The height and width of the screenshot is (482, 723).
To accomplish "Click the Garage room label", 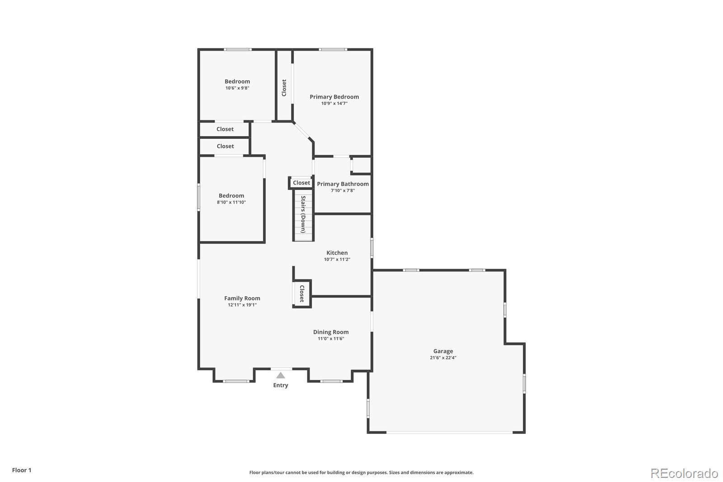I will pos(443,351).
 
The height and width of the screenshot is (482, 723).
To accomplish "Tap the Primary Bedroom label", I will pos(334,97).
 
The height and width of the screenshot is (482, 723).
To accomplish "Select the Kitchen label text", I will pos(337,253).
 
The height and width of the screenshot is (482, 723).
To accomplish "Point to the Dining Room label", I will pos(331,332).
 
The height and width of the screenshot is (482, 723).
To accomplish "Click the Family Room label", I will pos(242,298).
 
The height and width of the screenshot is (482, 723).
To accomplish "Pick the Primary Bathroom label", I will pos(343,184).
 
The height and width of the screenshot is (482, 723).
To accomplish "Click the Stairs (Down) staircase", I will pos(303,214).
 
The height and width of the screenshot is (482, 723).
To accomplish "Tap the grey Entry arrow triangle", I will pos(281,375).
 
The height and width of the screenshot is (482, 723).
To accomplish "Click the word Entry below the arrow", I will pos(281,385).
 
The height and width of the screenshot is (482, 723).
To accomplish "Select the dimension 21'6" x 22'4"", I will pos(443,358).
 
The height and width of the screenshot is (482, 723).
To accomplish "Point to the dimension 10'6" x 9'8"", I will pos(237,88).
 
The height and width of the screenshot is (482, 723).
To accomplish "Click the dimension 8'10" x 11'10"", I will pos(231,203).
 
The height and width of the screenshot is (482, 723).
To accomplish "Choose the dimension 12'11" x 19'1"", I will pos(242,305).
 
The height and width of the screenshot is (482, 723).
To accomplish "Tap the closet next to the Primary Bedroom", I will pos(284,88).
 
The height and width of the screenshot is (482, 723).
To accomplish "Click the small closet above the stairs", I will pos(301,183).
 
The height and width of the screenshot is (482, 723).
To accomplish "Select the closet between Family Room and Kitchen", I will pos(302,294).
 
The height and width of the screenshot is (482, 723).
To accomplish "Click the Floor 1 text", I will pos(22,470).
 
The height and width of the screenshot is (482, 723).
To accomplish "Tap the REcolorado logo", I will pos(684,473).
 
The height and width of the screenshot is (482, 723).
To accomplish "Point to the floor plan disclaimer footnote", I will pos(361,473).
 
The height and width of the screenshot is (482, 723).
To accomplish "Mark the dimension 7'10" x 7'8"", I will pos(343,191).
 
